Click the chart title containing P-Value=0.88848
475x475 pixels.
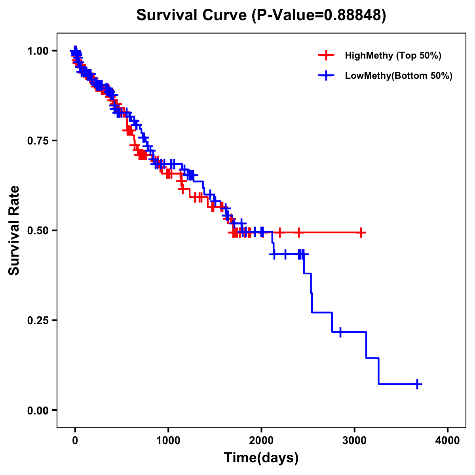pyautogui.click(x=261, y=15)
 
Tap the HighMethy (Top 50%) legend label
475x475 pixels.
pyautogui.click(x=393, y=55)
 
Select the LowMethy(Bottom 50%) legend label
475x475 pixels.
pyautogui.click(x=399, y=76)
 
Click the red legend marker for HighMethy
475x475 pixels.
pyautogui.click(x=326, y=55)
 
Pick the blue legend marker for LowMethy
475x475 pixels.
pyautogui.click(x=326, y=76)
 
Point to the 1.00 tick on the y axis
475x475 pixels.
pyautogui.click(x=37, y=51)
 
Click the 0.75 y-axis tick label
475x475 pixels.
pyautogui.click(x=37, y=141)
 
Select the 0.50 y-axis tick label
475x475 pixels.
pyautogui.click(x=37, y=230)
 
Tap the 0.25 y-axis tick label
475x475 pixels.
pyautogui.click(x=37, y=320)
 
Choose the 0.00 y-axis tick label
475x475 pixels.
pyautogui.click(x=37, y=410)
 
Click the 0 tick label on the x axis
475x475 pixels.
pyautogui.click(x=75, y=441)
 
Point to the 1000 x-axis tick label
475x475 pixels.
pyautogui.click(x=168, y=441)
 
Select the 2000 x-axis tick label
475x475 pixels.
pyautogui.click(x=261, y=441)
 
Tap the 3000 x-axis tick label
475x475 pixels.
pyautogui.click(x=355, y=441)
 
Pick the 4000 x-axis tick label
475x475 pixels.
pyautogui.click(x=448, y=441)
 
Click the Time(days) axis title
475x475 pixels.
pyautogui.click(x=261, y=458)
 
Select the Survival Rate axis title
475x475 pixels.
pyautogui.click(x=15, y=230)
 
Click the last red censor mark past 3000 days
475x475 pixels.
pyautogui.click(x=361, y=232)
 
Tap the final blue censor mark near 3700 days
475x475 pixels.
pyautogui.click(x=417, y=384)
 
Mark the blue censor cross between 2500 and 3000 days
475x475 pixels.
pyautogui.click(x=340, y=332)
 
